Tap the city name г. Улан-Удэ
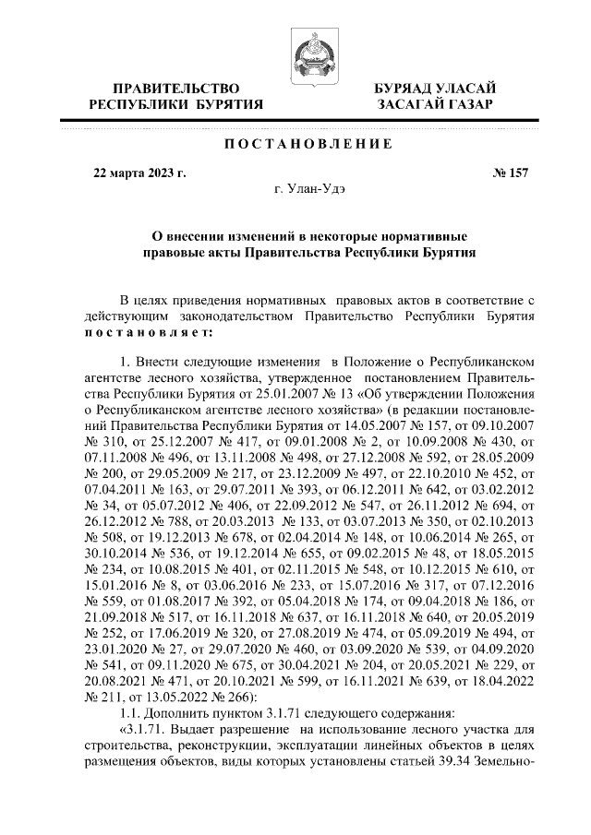(x=309, y=189)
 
